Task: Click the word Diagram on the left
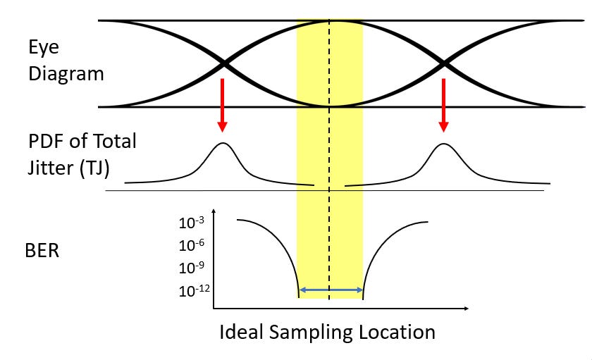click(66, 74)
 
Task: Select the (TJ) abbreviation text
click(94, 168)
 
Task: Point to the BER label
click(42, 251)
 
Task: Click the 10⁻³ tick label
click(192, 223)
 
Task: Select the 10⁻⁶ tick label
click(192, 245)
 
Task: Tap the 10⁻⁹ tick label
click(192, 268)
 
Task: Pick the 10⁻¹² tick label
click(195, 290)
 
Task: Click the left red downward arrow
click(223, 105)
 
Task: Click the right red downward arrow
click(443, 105)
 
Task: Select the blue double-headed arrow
click(331, 290)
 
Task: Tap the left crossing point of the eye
click(224, 64)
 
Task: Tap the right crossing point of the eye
click(445, 64)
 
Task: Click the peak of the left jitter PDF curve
click(223, 143)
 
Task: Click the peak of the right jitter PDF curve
click(443, 144)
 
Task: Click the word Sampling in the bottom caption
click(311, 333)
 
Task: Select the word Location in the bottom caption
click(397, 333)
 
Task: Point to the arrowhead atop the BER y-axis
click(214, 211)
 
